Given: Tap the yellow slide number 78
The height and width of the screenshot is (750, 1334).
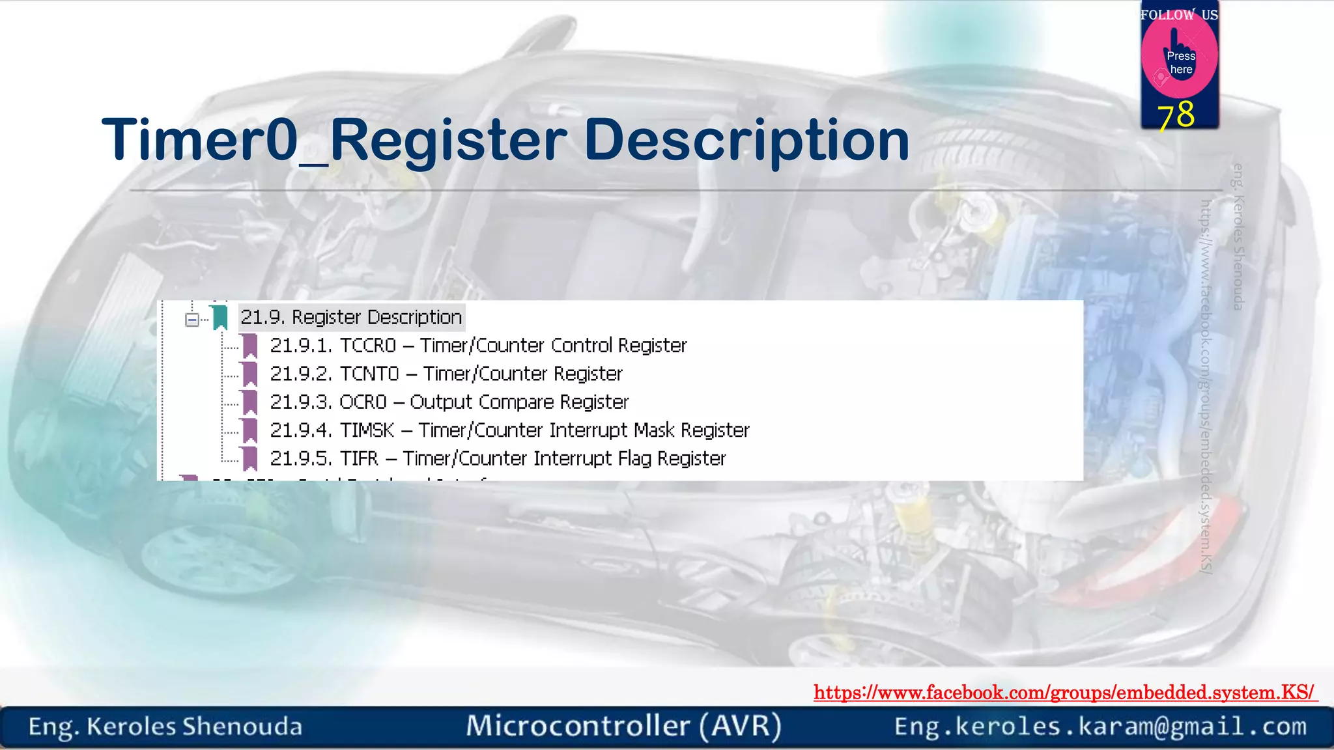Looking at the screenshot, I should click(1176, 115).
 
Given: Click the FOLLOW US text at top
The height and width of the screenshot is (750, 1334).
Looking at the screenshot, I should click(1179, 14).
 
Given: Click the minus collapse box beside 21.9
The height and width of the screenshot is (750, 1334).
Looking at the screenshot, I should click(192, 319).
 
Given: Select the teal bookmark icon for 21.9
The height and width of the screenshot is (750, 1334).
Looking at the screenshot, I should click(220, 317).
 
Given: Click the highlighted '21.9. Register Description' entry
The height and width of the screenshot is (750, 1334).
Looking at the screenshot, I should click(351, 317).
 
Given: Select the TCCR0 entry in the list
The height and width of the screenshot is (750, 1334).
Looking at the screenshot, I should click(478, 345).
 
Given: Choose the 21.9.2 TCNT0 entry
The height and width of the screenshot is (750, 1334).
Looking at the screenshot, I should click(446, 374).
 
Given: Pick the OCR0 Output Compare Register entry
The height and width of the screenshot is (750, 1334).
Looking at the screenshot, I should click(449, 402).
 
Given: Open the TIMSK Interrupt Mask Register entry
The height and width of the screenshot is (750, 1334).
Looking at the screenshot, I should click(509, 430).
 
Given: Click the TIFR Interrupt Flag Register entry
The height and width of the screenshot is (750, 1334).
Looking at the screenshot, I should click(498, 458).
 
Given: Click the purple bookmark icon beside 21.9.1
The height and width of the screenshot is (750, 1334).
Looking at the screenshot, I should click(250, 346).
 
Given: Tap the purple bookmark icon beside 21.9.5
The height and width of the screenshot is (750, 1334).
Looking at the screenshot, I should click(250, 458).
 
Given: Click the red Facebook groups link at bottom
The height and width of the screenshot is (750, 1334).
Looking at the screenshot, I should click(1064, 692).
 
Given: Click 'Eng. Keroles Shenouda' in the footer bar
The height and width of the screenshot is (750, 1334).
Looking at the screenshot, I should click(165, 727).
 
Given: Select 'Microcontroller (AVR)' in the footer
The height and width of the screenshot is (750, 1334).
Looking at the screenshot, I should click(623, 726).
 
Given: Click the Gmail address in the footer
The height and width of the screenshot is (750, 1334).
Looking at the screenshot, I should click(1100, 727).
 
